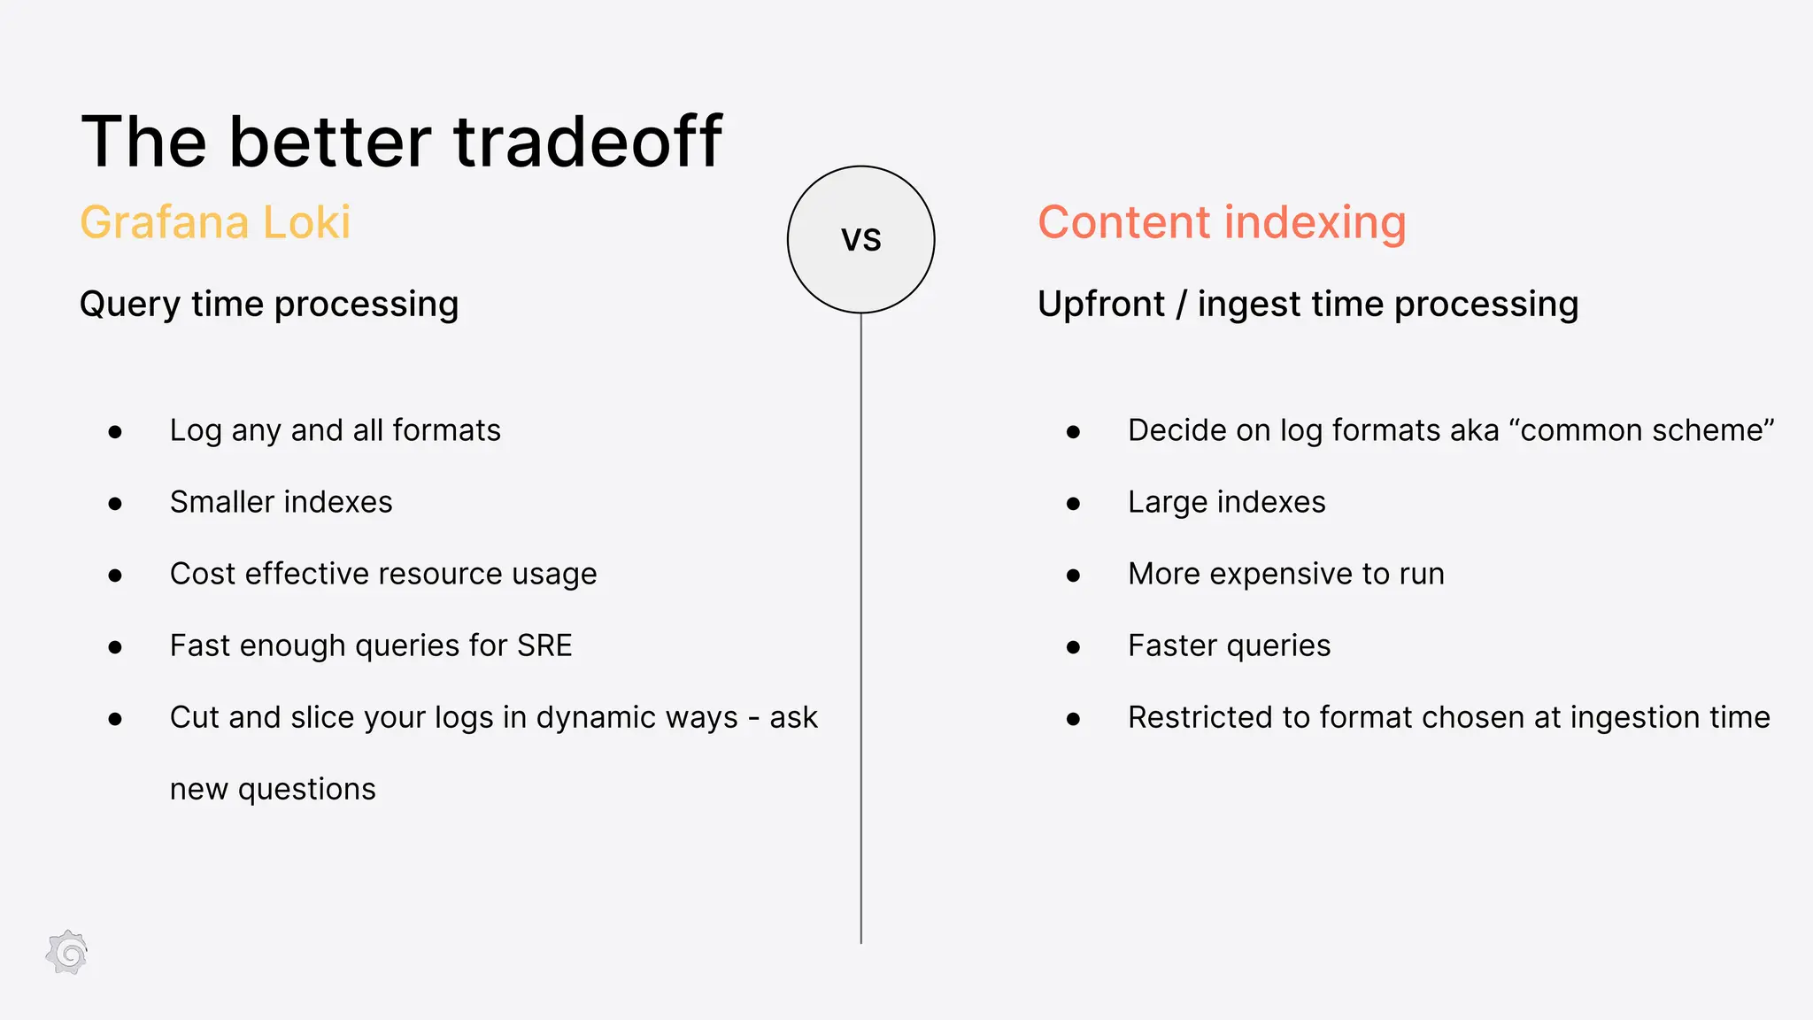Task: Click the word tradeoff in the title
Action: pyautogui.click(x=588, y=142)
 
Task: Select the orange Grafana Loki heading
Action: pyautogui.click(x=215, y=221)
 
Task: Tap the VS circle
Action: pyautogui.click(x=860, y=239)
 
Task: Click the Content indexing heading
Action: pyautogui.click(x=1222, y=222)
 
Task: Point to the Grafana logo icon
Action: pyautogui.click(x=67, y=954)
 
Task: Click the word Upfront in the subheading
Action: pyautogui.click(x=1100, y=304)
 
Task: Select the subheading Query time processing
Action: pyautogui.click(x=269, y=304)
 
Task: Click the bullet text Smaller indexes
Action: pyautogui.click(x=281, y=502)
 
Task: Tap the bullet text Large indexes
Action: pyautogui.click(x=1226, y=502)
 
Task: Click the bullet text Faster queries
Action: pyautogui.click(x=1229, y=645)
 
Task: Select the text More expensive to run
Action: pyautogui.click(x=1285, y=574)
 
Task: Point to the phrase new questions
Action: pyautogui.click(x=273, y=789)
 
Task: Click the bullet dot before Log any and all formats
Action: pyautogui.click(x=115, y=432)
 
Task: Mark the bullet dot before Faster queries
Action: pyautogui.click(x=1073, y=647)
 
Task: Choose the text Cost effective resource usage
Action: pyautogui.click(x=383, y=574)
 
